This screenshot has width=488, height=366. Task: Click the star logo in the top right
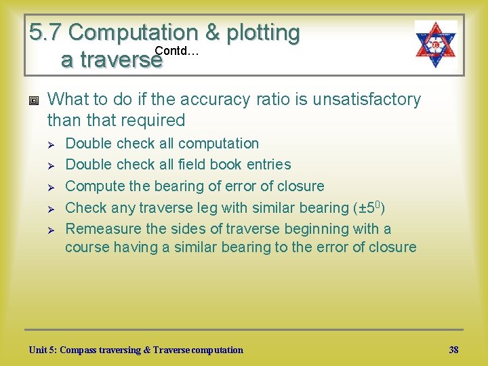click(x=436, y=44)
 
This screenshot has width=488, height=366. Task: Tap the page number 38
click(x=453, y=350)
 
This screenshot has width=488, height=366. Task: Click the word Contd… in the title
click(x=176, y=51)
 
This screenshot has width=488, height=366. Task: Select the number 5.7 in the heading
click(x=45, y=32)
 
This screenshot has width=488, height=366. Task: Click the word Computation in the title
click(x=132, y=32)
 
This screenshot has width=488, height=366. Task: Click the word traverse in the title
click(x=112, y=60)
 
